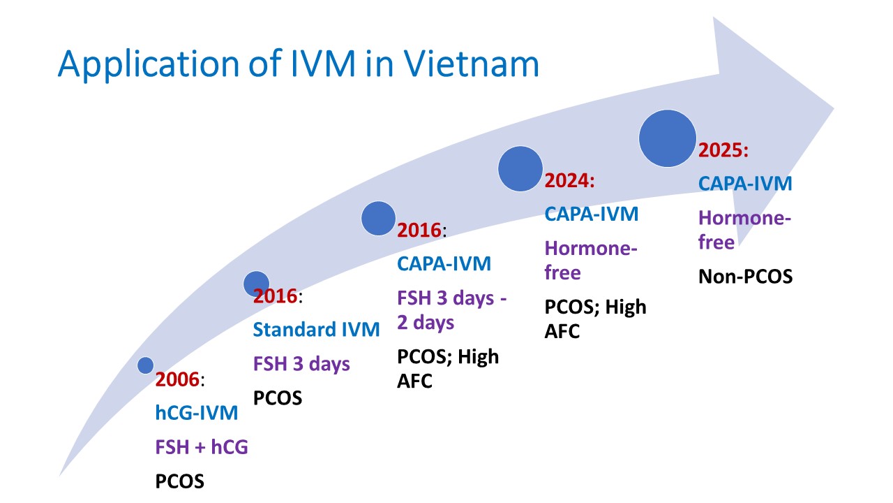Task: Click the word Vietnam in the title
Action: point(471,64)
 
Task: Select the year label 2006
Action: point(177,379)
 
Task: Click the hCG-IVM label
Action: point(197,413)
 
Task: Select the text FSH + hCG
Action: point(202,447)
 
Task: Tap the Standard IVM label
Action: point(317,330)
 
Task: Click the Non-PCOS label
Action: point(746,277)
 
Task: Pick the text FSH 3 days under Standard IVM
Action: point(302,365)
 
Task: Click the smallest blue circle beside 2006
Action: point(146,365)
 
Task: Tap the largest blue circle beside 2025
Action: point(668,138)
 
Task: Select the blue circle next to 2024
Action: point(520,169)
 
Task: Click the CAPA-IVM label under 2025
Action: point(745,184)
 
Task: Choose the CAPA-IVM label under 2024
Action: point(592,214)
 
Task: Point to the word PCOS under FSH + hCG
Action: point(180,481)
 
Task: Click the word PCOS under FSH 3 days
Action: point(278,398)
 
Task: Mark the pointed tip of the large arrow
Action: point(834,108)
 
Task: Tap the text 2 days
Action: point(426,323)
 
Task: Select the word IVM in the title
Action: point(323,64)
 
